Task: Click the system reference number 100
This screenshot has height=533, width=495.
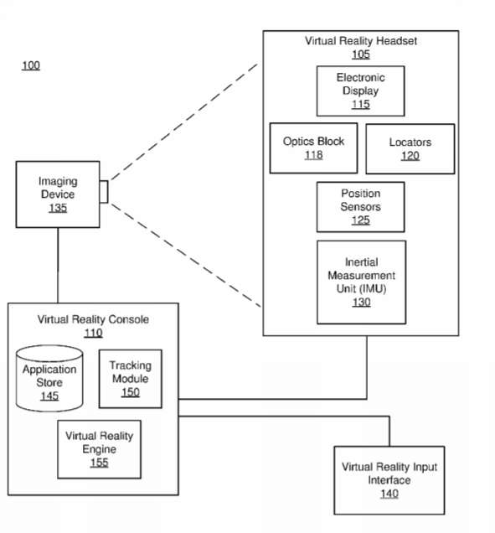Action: [31, 65]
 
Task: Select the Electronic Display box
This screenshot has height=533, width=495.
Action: [360, 91]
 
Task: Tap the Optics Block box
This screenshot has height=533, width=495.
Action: [313, 148]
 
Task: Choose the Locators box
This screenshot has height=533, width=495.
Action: [410, 149]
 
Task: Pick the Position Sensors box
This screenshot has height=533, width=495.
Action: [360, 207]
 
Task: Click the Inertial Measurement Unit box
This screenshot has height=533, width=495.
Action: [361, 282]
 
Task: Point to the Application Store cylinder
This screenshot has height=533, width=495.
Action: [49, 378]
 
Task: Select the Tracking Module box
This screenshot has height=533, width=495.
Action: [131, 379]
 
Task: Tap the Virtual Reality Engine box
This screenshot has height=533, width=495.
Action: [99, 449]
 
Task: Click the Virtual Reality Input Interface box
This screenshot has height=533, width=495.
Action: [389, 480]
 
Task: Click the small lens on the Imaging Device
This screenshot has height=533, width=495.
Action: [104, 192]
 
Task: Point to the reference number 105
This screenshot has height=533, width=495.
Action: [361, 54]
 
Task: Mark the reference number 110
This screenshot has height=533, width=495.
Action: [94, 333]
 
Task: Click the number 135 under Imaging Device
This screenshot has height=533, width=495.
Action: [58, 208]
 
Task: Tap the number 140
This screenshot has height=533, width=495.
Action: [389, 494]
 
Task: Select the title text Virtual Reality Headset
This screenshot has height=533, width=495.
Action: [361, 41]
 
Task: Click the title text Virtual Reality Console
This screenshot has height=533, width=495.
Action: [93, 319]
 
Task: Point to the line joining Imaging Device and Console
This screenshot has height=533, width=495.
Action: [58, 265]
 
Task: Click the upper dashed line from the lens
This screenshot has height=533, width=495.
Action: [183, 122]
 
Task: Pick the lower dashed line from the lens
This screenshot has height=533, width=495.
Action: [185, 255]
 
